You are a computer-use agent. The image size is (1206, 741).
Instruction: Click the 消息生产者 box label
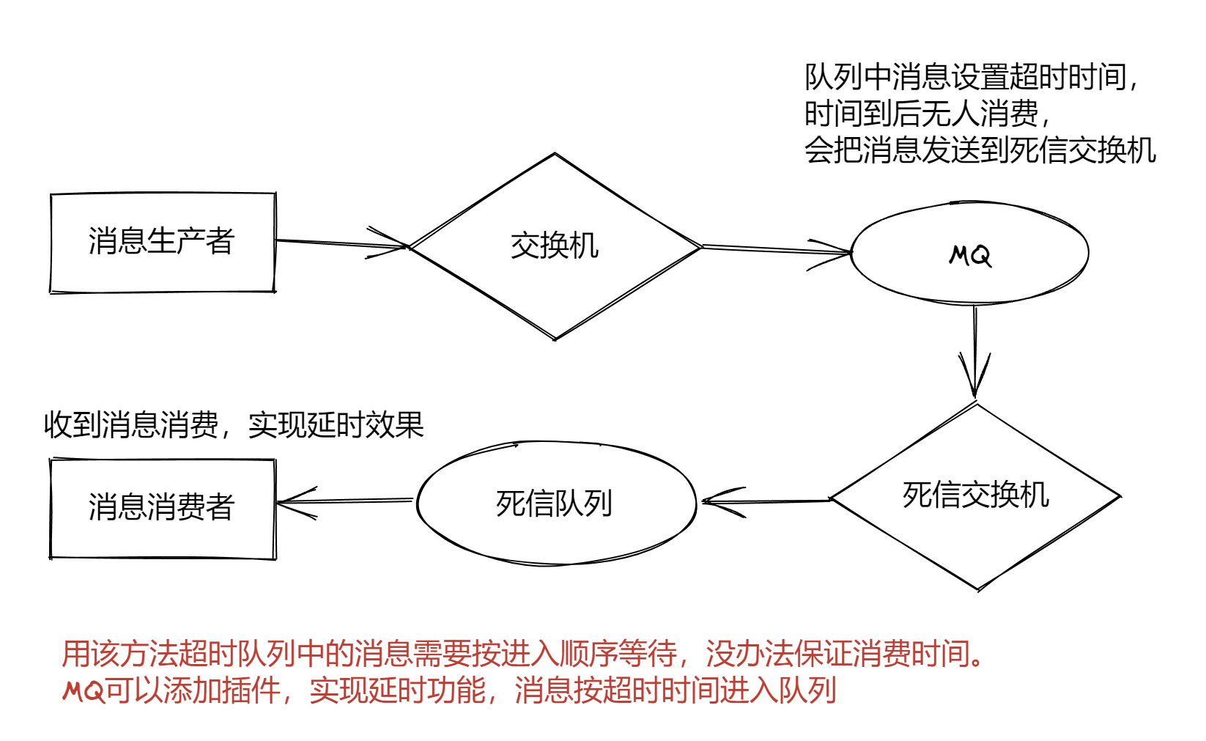[161, 241]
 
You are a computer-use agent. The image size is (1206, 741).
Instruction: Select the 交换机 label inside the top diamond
[555, 246]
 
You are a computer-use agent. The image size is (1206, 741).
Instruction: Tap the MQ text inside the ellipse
[970, 255]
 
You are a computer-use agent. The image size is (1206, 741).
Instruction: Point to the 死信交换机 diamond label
[976, 495]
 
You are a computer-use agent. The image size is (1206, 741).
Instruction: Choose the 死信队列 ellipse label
[554, 504]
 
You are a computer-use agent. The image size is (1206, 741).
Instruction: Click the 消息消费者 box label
[161, 506]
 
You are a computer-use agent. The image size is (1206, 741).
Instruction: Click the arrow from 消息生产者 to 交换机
[341, 243]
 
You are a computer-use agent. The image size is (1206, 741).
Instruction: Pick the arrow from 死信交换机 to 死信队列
[766, 501]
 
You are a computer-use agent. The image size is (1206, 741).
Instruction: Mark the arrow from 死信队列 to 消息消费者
[344, 501]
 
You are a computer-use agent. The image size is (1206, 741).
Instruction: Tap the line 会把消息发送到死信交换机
[980, 150]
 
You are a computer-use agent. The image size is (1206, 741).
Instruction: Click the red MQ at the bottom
[84, 690]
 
